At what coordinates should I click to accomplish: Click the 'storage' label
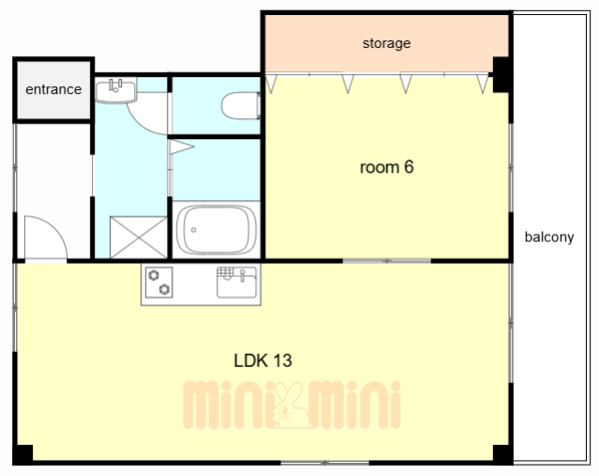(386, 43)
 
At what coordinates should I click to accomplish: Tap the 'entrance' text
(53, 89)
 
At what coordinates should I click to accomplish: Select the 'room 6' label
(386, 167)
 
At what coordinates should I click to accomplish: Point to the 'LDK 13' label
(262, 361)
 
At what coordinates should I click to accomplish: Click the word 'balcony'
(549, 238)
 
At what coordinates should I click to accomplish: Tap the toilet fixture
(241, 105)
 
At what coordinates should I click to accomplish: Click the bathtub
(217, 230)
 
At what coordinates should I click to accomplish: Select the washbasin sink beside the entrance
(115, 90)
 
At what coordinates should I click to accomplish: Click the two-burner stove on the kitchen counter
(159, 283)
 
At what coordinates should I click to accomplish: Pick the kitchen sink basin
(236, 283)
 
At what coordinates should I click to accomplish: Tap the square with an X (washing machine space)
(139, 238)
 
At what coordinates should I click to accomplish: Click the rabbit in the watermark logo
(292, 405)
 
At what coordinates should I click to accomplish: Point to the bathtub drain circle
(194, 230)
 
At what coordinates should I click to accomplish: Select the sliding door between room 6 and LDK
(386, 261)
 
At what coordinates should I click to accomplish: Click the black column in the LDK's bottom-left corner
(22, 454)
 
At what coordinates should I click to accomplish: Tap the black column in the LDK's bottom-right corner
(502, 454)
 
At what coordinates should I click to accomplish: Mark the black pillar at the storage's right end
(502, 74)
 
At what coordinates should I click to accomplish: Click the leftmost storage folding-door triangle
(271, 84)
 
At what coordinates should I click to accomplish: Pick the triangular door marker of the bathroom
(180, 147)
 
